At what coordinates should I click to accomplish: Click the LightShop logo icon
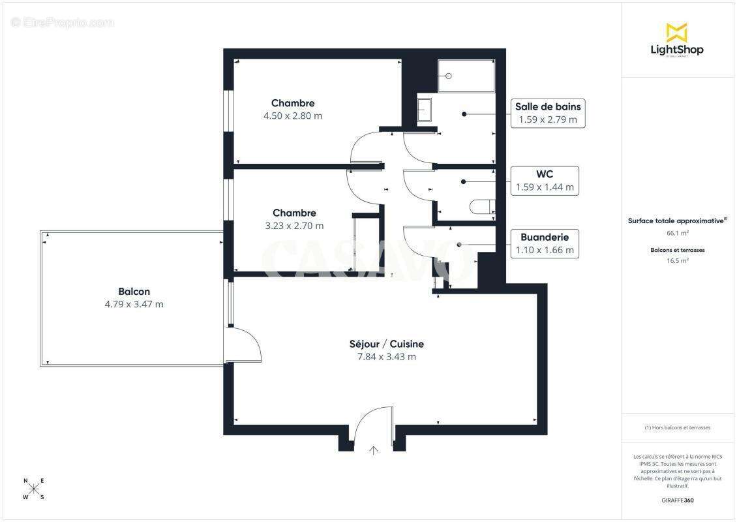(x=676, y=32)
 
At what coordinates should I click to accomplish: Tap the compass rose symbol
(x=34, y=489)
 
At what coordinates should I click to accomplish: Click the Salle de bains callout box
(x=547, y=113)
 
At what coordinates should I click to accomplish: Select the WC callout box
(x=545, y=180)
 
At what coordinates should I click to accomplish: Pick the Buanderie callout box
(x=545, y=243)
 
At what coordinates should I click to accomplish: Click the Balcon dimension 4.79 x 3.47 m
(x=134, y=304)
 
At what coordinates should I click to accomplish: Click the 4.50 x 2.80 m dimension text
(x=293, y=115)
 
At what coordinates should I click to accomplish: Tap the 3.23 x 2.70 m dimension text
(x=294, y=226)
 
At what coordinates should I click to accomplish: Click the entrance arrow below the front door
(x=374, y=450)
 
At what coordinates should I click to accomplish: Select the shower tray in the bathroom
(x=466, y=76)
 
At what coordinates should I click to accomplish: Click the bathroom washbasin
(x=425, y=110)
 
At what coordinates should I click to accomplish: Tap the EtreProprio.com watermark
(x=63, y=23)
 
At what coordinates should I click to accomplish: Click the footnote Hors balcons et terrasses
(x=678, y=427)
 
